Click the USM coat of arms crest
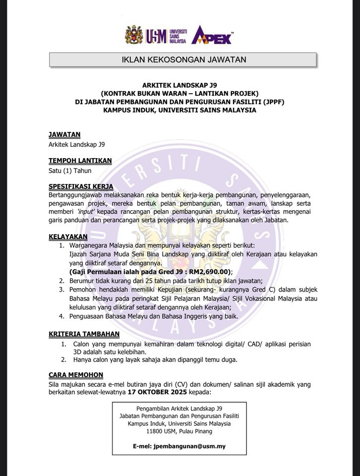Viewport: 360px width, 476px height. click(x=133, y=35)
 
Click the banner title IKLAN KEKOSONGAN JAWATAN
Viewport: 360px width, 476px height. click(x=183, y=60)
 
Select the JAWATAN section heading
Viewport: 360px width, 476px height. click(x=64, y=134)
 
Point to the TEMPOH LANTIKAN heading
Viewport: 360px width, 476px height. click(x=80, y=160)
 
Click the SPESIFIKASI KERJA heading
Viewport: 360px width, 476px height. click(x=81, y=186)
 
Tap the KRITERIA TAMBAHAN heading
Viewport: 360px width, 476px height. click(x=84, y=333)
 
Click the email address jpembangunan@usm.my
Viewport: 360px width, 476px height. click(x=190, y=446)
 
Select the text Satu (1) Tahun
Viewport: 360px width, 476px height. click(x=70, y=171)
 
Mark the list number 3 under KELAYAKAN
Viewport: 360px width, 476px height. click(x=61, y=289)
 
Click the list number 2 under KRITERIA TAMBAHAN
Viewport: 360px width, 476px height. click(x=63, y=359)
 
